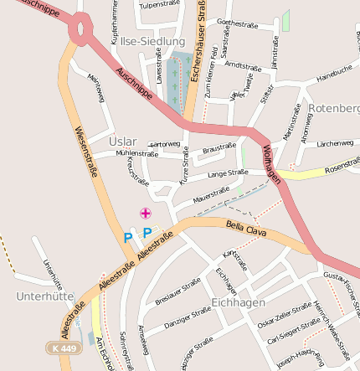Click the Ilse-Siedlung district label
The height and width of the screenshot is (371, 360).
(x=152, y=40)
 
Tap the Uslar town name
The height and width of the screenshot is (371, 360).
(x=122, y=142)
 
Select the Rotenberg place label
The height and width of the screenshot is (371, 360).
(x=334, y=108)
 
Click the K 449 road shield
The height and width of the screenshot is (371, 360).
(x=61, y=348)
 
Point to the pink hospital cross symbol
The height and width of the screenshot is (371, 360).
(x=146, y=213)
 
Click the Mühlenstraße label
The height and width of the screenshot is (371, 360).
(x=137, y=154)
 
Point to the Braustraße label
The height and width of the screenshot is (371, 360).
(x=219, y=147)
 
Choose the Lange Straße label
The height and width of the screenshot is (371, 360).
(x=228, y=174)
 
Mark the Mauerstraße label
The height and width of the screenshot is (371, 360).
(x=211, y=196)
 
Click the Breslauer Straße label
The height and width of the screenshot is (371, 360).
(x=177, y=288)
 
